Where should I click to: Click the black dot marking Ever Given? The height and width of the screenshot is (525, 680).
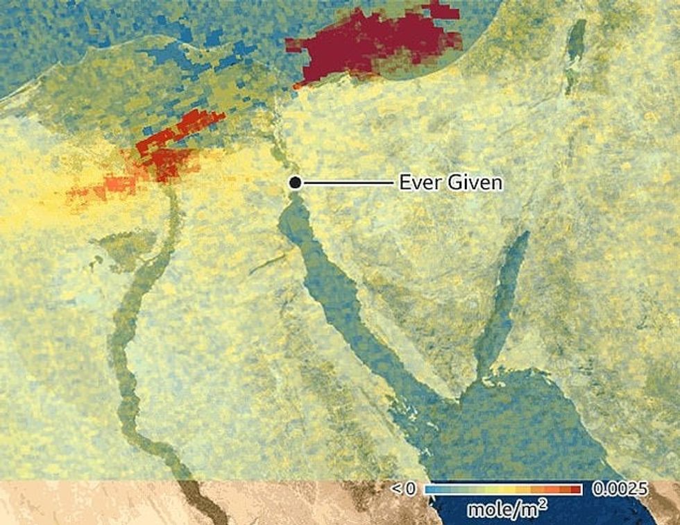295,183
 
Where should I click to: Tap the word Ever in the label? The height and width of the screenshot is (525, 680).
417,183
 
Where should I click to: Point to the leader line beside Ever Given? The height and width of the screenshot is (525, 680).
347,183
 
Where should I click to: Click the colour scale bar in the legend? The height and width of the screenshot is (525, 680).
504,490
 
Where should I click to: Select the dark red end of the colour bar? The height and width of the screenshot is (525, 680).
576,490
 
